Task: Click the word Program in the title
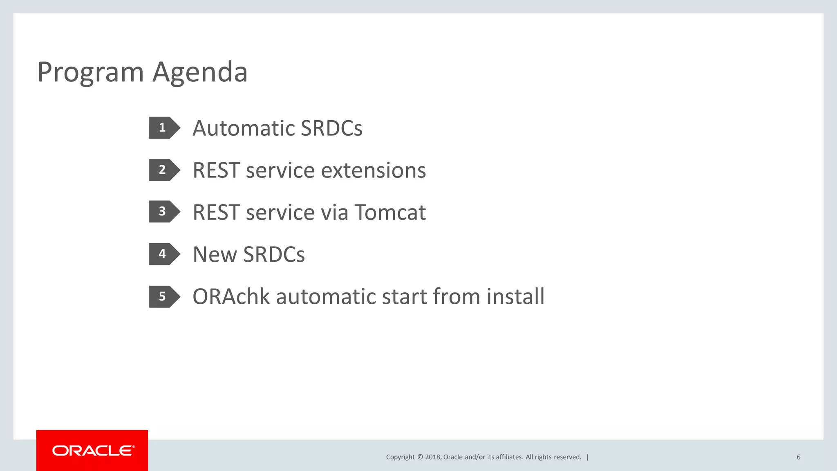click(90, 72)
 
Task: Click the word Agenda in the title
click(200, 72)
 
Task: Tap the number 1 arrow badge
click(163, 128)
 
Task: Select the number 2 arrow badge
click(163, 170)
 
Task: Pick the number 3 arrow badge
click(163, 211)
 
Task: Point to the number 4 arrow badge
click(163, 254)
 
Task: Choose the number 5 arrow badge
click(163, 296)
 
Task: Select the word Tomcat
click(390, 213)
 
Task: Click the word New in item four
click(214, 255)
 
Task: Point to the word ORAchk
click(231, 297)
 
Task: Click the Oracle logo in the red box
click(93, 451)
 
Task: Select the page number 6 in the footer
click(798, 457)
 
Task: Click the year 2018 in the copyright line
click(432, 457)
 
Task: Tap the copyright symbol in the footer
click(420, 457)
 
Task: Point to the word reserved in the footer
click(567, 457)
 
